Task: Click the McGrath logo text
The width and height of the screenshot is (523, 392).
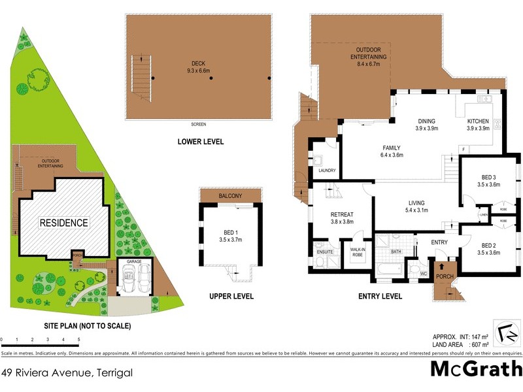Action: (x=475, y=369)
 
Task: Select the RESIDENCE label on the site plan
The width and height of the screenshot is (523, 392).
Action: (x=63, y=223)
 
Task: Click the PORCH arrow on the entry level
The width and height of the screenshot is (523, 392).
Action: (x=441, y=268)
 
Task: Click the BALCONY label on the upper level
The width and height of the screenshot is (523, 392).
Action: (x=231, y=196)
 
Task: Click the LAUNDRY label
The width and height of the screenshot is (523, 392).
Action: (x=326, y=171)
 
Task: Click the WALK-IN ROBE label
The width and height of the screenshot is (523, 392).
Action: (x=357, y=252)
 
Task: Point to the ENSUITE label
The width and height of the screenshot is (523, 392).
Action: (x=324, y=250)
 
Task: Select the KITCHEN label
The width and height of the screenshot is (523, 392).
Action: (x=478, y=125)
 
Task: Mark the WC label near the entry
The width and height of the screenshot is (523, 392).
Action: (x=423, y=274)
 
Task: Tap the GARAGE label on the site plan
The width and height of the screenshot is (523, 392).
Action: (x=133, y=261)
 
